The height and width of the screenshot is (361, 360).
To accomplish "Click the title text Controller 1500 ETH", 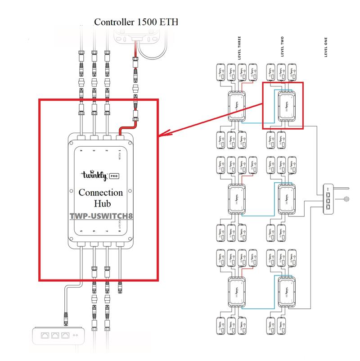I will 136,22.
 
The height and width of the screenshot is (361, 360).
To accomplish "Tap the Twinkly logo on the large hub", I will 92,175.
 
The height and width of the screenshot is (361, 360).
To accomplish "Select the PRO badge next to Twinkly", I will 115,176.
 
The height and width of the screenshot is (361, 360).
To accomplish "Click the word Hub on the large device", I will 100,203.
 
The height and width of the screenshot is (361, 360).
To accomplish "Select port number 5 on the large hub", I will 81,232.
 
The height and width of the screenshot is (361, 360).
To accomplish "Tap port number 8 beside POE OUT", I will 120,232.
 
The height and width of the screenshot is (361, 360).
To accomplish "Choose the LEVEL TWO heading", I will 282,47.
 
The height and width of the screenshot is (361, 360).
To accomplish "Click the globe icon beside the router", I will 346,199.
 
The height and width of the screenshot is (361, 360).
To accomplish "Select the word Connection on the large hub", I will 100,193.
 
